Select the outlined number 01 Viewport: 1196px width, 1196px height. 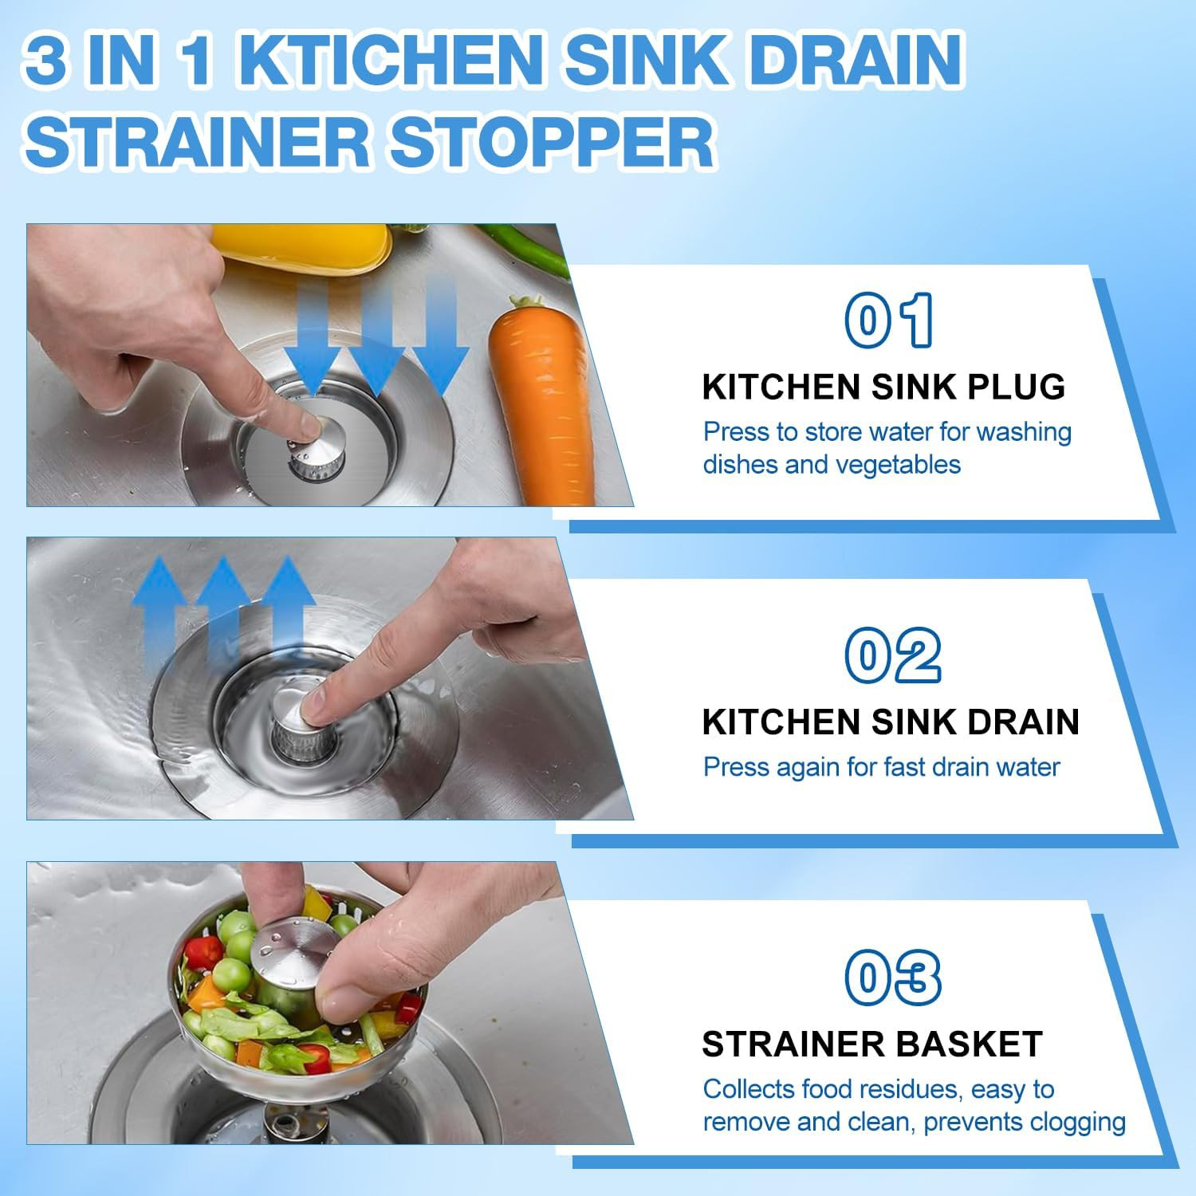[889, 321]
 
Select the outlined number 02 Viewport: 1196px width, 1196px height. [893, 655]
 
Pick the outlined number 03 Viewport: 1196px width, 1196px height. [893, 978]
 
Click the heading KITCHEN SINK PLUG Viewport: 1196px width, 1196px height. [883, 388]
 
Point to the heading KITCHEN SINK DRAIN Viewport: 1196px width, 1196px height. [891, 722]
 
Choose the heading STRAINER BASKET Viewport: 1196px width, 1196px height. [872, 1045]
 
